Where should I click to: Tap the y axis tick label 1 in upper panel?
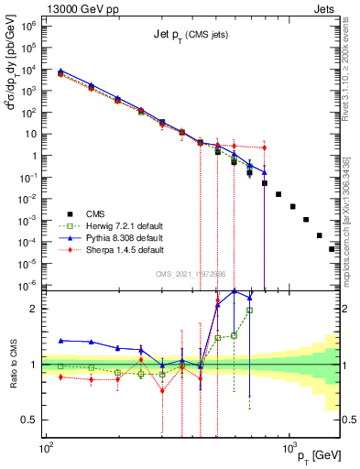35,156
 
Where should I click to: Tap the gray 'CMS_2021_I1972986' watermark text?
191,274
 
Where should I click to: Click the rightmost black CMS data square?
333,248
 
